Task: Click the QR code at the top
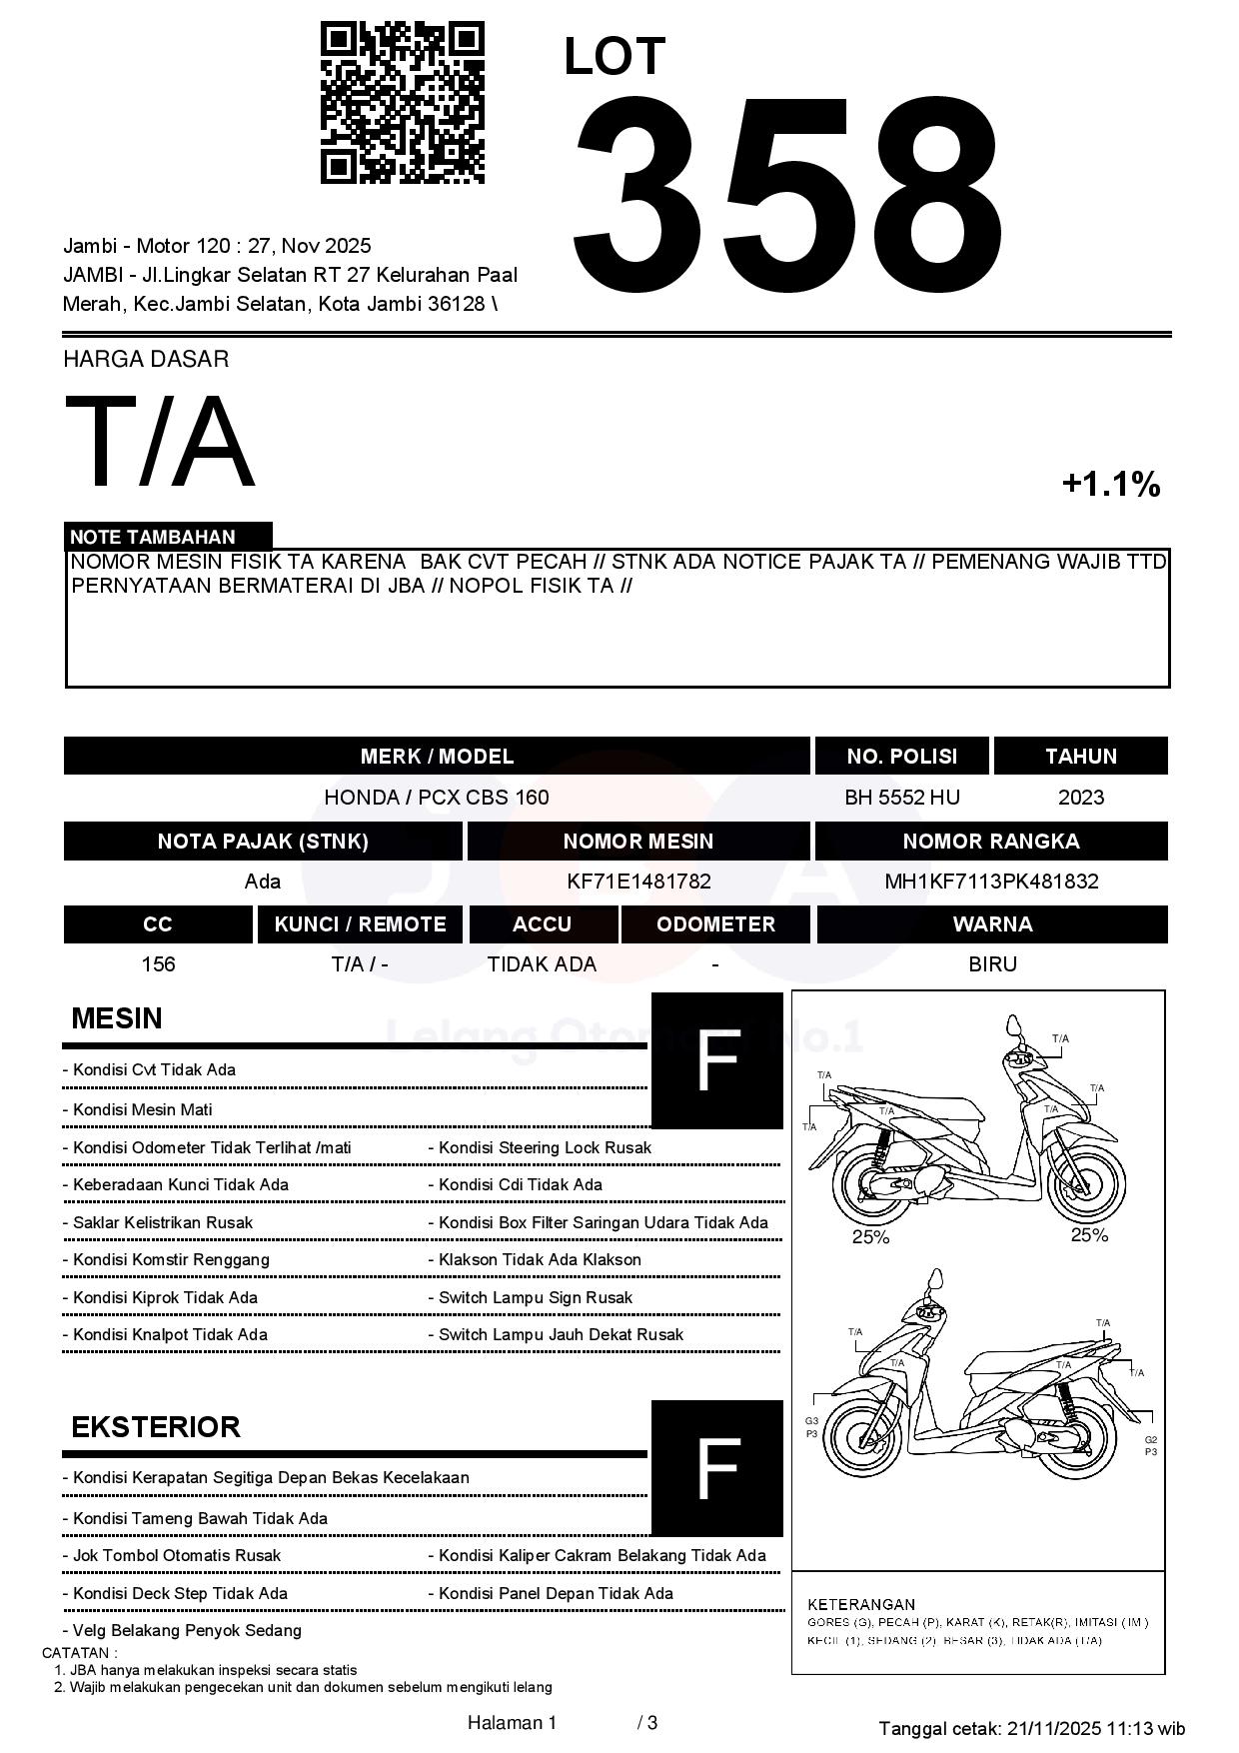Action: [x=402, y=103]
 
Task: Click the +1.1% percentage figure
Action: [x=1110, y=485]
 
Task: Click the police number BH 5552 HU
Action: [x=901, y=798]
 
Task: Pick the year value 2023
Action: [x=1080, y=798]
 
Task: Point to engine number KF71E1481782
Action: [x=638, y=881]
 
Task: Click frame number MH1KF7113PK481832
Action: [x=991, y=881]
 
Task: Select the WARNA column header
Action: [x=991, y=924]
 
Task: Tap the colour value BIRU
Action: [x=991, y=964]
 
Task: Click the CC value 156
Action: [x=158, y=964]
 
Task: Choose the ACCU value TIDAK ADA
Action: [x=542, y=964]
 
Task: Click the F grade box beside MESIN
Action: [x=716, y=1061]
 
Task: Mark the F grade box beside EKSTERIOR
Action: [x=716, y=1468]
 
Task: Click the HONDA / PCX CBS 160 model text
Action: [x=436, y=798]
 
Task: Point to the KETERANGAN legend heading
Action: [x=860, y=1604]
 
